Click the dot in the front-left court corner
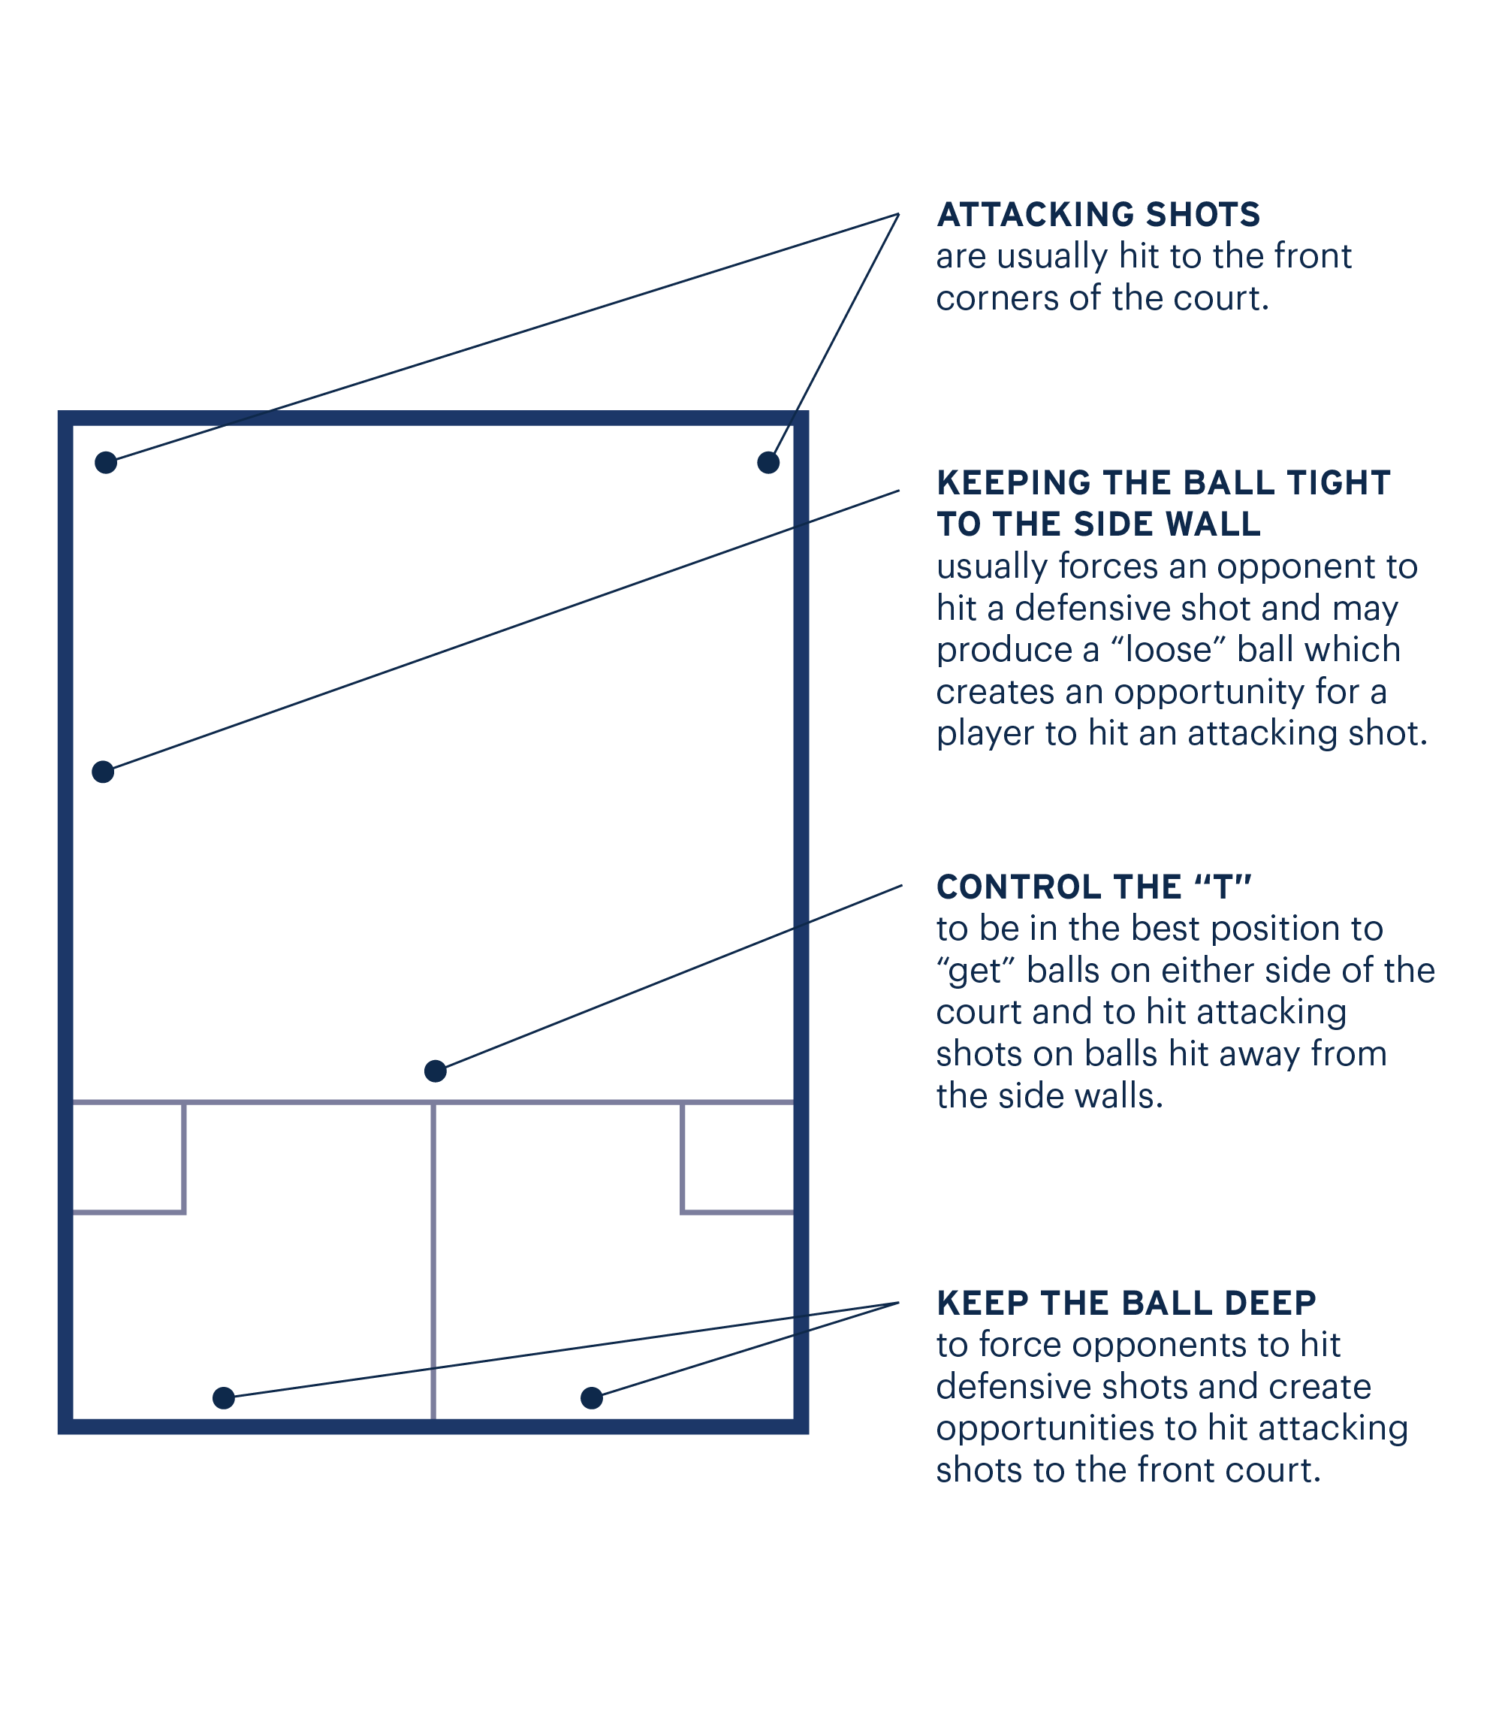point(106,462)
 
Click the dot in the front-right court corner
point(768,462)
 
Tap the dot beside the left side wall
point(103,772)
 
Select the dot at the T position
point(435,1071)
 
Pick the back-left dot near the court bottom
point(224,1397)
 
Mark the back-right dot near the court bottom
point(592,1397)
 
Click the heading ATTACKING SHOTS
point(1098,215)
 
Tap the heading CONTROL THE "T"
point(1093,887)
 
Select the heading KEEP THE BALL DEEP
point(1126,1303)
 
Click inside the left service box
point(128,1157)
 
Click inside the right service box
point(737,1157)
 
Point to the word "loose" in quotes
point(1169,650)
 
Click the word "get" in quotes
point(976,971)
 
